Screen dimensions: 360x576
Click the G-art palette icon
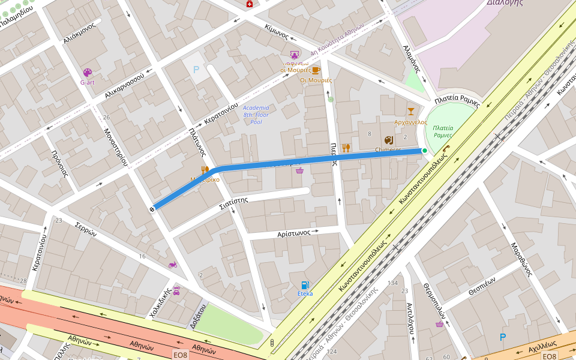tap(88, 73)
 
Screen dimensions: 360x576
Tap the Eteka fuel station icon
tap(305, 285)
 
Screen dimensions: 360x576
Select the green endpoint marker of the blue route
tap(425, 151)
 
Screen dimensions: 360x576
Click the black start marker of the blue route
tap(152, 209)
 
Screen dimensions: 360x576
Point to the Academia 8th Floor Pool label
tap(256, 115)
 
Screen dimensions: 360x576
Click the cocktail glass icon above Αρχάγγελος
tap(410, 111)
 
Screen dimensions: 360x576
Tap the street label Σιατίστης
tap(233, 200)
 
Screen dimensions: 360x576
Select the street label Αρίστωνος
tap(293, 233)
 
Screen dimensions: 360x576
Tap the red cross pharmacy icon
tap(249, 4)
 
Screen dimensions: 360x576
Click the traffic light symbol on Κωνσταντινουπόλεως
tap(272, 343)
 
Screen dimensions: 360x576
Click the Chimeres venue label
tap(388, 149)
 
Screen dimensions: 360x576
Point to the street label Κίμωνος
tap(277, 32)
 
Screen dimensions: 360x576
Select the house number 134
tap(393, 283)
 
